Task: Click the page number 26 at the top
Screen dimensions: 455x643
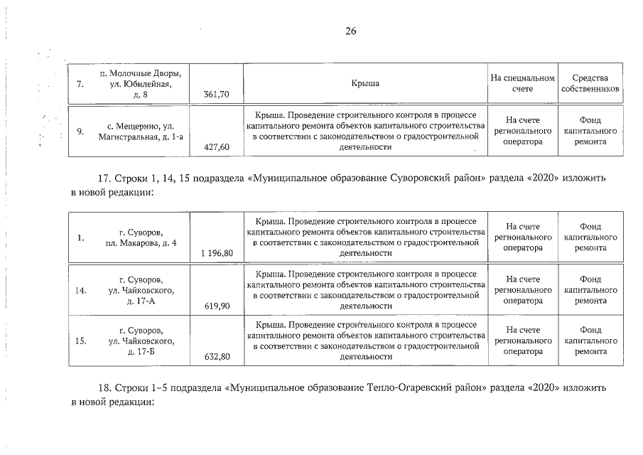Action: (350, 31)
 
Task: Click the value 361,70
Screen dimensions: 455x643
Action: (216, 94)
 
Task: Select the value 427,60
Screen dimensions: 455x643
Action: (216, 146)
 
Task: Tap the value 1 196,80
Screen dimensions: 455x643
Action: (217, 253)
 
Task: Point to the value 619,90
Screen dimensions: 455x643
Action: (217, 306)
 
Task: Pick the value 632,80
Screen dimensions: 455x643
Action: (217, 357)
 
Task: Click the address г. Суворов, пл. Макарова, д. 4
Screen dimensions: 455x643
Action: (143, 238)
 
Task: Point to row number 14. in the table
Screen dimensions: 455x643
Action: (80, 290)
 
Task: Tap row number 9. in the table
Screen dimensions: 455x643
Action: (81, 131)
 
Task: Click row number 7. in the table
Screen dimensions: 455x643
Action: (81, 84)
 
